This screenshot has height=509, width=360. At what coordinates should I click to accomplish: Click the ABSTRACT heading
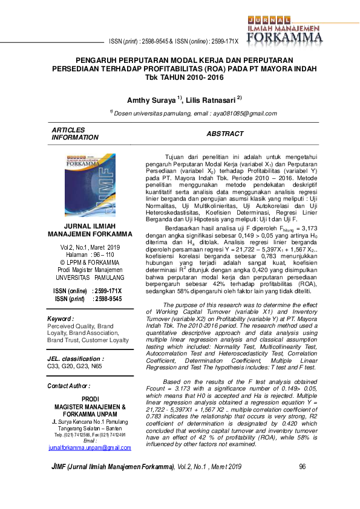(x=225, y=134)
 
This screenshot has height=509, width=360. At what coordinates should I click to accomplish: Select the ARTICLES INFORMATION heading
(x=75, y=134)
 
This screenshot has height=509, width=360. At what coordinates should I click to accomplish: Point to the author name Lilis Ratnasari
(x=215, y=99)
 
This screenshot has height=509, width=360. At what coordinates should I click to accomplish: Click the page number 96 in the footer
(x=303, y=467)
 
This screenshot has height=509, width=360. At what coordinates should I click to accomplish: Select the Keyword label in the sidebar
(x=61, y=318)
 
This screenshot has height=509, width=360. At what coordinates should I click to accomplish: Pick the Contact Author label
(x=68, y=386)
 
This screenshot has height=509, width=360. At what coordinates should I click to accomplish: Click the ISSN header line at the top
(x=174, y=42)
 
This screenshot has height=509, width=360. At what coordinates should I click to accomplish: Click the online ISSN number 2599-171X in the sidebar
(x=108, y=291)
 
